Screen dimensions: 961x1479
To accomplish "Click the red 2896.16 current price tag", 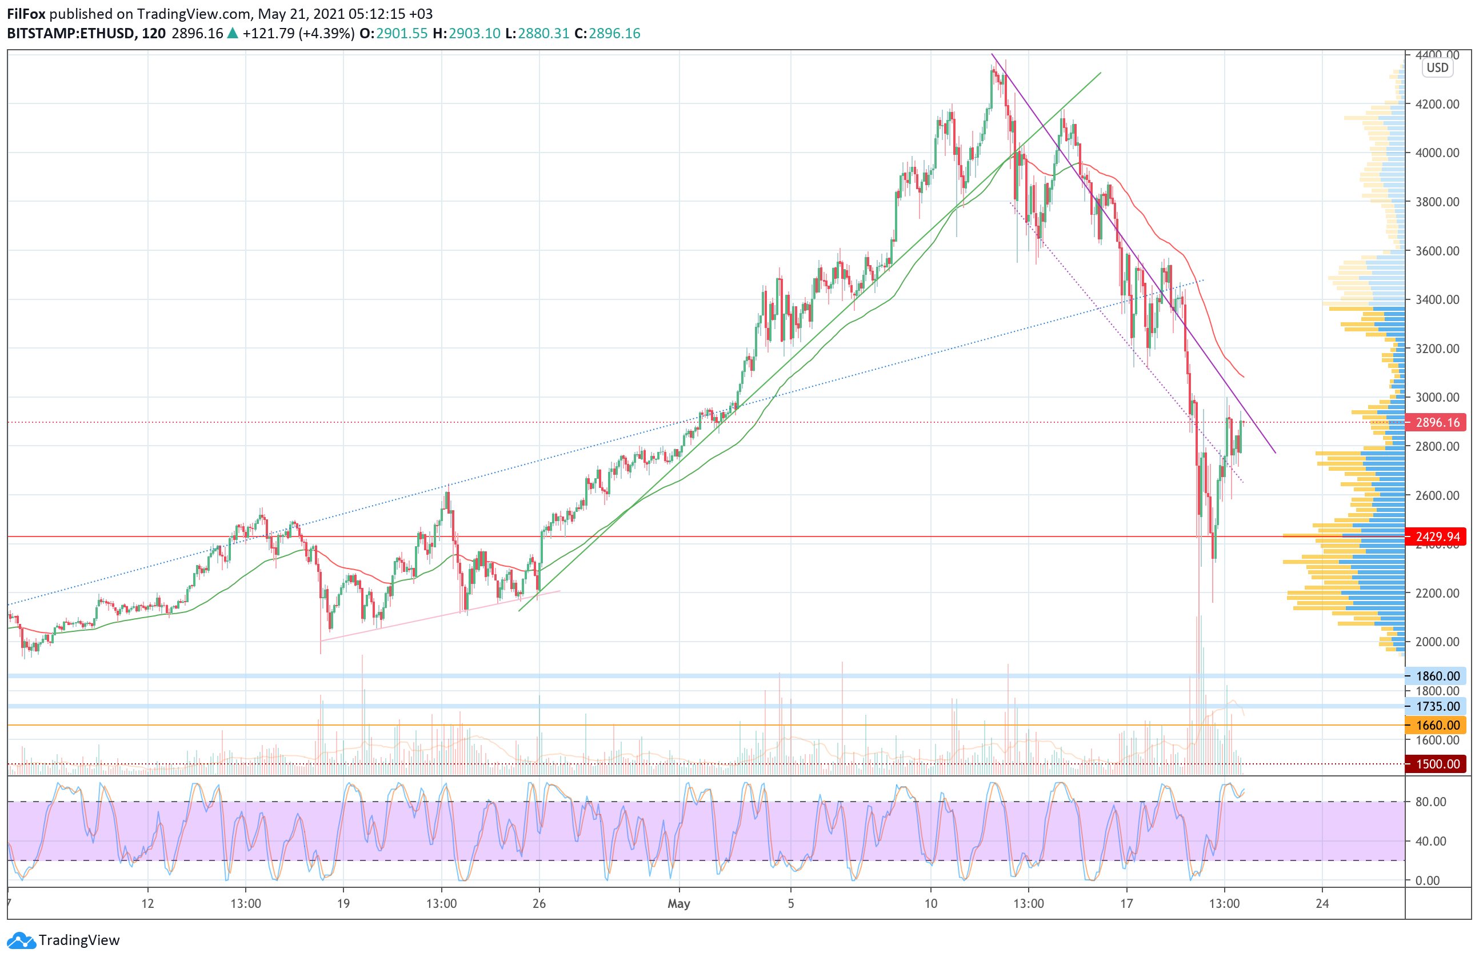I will [x=1437, y=422].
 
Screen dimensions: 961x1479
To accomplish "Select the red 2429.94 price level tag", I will [x=1437, y=536].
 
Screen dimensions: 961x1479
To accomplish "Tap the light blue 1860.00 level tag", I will [x=1437, y=676].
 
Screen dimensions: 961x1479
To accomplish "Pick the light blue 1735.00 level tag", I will [x=1437, y=706].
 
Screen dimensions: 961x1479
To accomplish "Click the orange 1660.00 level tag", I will [x=1437, y=725].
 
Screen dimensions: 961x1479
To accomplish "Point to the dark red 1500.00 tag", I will [x=1437, y=764].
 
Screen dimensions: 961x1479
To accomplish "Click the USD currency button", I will [x=1437, y=68].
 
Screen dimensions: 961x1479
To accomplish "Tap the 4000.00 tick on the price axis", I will [x=1437, y=153].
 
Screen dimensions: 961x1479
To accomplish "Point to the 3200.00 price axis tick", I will [x=1437, y=349].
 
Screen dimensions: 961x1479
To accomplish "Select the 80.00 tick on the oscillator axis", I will [x=1430, y=802].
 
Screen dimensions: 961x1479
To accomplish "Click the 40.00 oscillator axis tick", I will [x=1430, y=841].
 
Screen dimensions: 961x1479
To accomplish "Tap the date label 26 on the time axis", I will [x=539, y=904].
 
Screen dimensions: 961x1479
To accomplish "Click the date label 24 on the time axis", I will [x=1322, y=904].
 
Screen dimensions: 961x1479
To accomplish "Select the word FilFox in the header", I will [x=26, y=14].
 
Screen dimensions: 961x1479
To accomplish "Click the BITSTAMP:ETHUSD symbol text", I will [x=71, y=34].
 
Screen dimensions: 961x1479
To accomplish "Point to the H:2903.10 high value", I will [x=466, y=34].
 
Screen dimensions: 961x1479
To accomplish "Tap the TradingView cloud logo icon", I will [x=22, y=940].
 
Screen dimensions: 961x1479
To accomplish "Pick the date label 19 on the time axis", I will [x=343, y=904].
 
